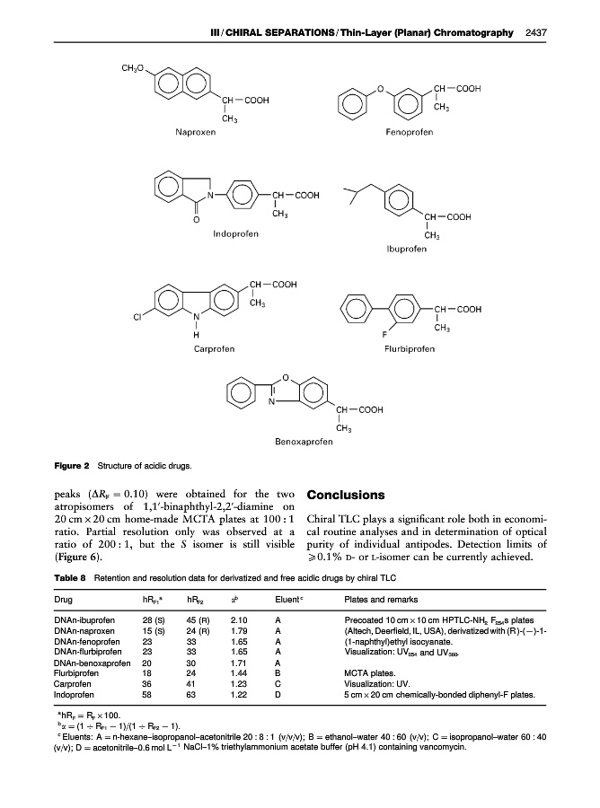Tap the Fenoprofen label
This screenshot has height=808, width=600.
coord(409,132)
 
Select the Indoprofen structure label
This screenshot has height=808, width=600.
coord(236,234)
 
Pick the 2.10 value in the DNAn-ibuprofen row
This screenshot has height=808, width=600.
coord(238,619)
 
